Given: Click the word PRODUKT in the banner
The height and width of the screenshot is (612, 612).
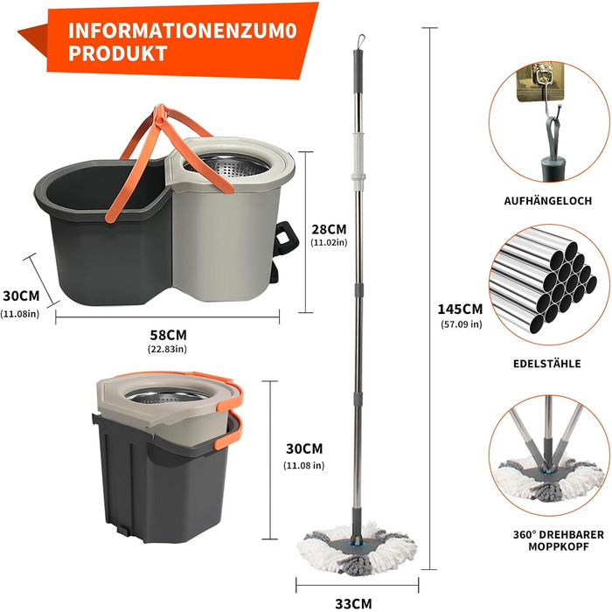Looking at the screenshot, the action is tap(118, 53).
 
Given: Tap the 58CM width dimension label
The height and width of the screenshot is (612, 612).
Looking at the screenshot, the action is tap(168, 335).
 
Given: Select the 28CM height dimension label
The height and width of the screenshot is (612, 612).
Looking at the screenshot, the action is tap(329, 229).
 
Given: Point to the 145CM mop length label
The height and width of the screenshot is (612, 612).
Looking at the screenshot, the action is tap(460, 309).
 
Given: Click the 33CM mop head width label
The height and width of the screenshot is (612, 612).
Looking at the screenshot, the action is tap(353, 603).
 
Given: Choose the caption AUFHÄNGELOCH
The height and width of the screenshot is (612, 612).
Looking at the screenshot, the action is tap(548, 200).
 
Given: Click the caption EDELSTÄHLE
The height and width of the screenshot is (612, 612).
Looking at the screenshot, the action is tap(547, 364).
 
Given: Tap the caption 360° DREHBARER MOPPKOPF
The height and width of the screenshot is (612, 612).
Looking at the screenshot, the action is tap(559, 540).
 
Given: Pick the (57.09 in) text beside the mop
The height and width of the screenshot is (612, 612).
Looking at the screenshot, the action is tap(462, 324).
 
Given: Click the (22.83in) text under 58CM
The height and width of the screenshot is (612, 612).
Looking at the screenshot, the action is tap(168, 349).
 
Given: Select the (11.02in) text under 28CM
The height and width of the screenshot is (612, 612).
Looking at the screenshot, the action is tap(329, 242).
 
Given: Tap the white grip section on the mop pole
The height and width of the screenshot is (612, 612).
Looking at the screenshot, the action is tap(358, 156).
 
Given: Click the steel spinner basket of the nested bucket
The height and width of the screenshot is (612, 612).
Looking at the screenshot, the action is tap(167, 396).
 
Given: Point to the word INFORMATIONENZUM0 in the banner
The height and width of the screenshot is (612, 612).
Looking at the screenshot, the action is tap(183, 30).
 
